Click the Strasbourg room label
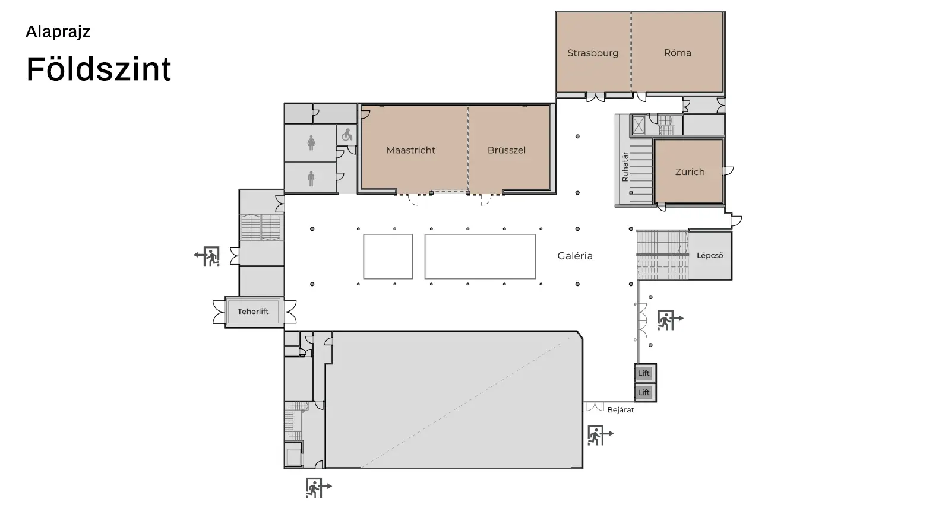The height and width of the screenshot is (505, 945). [x=593, y=53]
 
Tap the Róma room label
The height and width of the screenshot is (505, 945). [x=677, y=53]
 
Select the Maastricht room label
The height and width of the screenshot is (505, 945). [x=410, y=150]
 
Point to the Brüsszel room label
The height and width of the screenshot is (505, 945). [x=506, y=150]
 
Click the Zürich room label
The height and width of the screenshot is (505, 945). [x=690, y=172]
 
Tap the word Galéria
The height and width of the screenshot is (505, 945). [x=575, y=256]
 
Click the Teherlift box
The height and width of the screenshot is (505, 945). [x=253, y=312]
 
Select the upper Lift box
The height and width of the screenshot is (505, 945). [x=644, y=373]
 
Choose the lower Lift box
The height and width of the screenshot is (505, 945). [x=644, y=392]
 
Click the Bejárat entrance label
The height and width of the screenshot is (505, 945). [x=621, y=409]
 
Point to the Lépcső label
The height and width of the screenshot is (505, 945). [x=710, y=255]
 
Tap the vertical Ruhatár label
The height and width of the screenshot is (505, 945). [x=625, y=167]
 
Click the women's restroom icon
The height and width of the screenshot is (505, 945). [x=311, y=143]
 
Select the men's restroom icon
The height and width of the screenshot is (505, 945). [x=311, y=179]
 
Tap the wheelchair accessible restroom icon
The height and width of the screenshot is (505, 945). [x=347, y=135]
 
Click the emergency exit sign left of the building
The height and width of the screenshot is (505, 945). [x=207, y=256]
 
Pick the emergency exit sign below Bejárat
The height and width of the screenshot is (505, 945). [x=600, y=436]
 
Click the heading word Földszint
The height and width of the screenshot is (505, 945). [x=99, y=69]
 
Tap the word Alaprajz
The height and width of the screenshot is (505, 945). [x=58, y=31]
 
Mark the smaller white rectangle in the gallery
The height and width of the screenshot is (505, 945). [x=388, y=256]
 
